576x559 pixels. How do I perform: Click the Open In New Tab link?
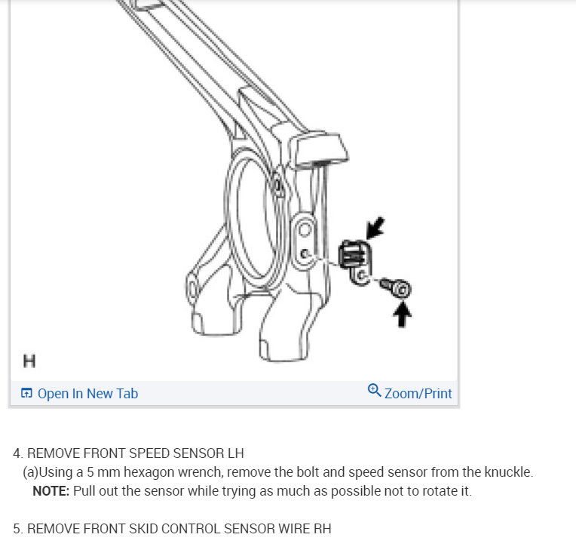point(87,393)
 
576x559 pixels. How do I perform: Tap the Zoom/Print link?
point(418,393)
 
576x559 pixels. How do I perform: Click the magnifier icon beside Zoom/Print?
point(374,391)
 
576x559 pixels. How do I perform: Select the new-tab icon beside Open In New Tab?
point(26,393)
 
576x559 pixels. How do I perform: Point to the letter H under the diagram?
point(29,361)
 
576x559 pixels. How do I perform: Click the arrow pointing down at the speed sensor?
point(375,227)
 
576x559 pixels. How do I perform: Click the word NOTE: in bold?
point(51,491)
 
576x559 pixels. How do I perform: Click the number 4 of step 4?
point(17,454)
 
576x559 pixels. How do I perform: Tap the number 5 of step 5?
point(17,529)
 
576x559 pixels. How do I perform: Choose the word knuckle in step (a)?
point(508,473)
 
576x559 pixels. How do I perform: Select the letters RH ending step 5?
point(322,529)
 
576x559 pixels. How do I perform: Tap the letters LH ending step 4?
point(235,454)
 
